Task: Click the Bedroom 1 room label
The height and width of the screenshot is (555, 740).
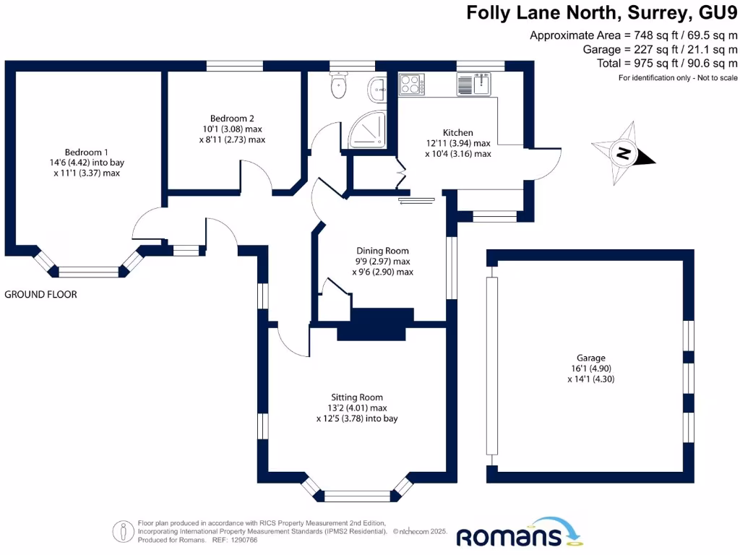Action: click(86, 152)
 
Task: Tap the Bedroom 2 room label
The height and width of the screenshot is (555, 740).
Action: click(232, 119)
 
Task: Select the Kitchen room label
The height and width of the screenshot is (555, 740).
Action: click(457, 132)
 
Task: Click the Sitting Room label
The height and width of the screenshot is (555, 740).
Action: click(357, 397)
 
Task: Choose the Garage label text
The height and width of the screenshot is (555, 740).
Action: click(590, 358)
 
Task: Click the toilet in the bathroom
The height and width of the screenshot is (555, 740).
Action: click(338, 87)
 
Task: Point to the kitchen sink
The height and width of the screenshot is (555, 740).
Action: click(476, 85)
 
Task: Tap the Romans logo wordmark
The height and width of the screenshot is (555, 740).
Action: click(509, 537)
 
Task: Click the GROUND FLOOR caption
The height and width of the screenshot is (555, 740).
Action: click(40, 294)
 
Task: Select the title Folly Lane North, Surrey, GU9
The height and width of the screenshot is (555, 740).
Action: click(601, 13)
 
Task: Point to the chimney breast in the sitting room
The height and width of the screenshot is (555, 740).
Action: click(375, 325)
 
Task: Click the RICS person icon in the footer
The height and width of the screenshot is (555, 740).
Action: click(124, 531)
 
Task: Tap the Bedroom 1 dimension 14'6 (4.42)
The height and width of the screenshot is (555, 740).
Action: click(86, 163)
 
